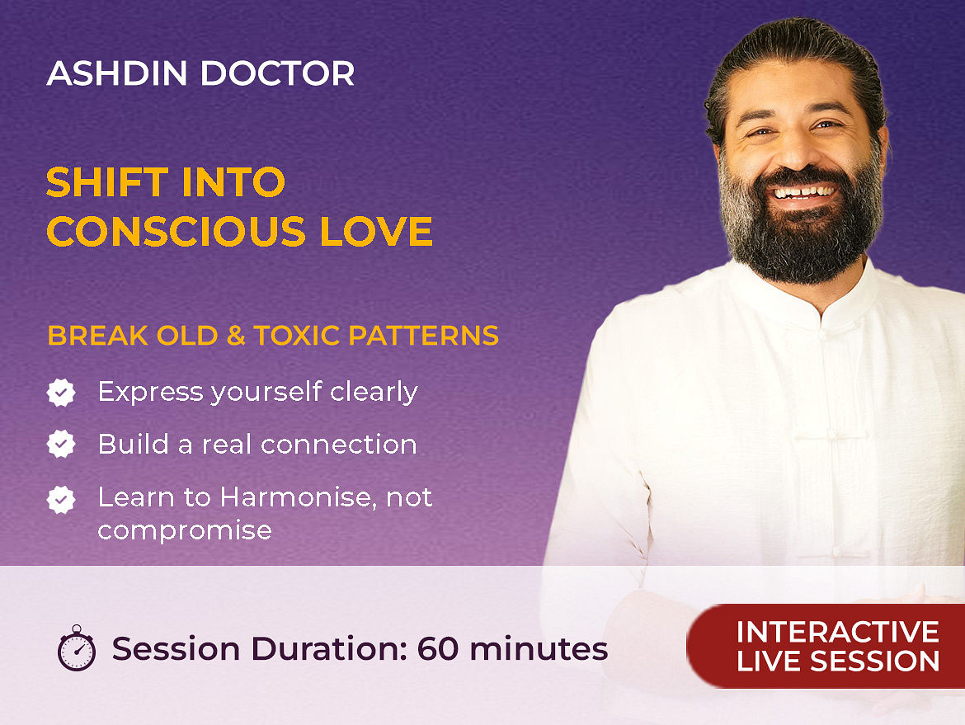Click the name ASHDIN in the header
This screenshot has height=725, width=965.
tap(117, 73)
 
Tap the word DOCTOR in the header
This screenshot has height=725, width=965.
tap(277, 73)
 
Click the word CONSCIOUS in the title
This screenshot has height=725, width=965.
tap(176, 232)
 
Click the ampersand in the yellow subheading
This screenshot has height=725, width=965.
tap(236, 336)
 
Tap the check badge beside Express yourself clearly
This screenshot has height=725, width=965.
tap(61, 393)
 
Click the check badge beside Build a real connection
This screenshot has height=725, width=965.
tap(61, 444)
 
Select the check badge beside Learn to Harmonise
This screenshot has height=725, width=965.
tap(61, 500)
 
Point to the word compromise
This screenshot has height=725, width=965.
tap(185, 530)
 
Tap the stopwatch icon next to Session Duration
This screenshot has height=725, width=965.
tap(77, 647)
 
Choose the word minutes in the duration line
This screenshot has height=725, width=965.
tap(539, 649)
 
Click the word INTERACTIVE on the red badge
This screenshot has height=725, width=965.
tap(838, 632)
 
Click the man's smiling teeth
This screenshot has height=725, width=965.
tap(804, 193)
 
